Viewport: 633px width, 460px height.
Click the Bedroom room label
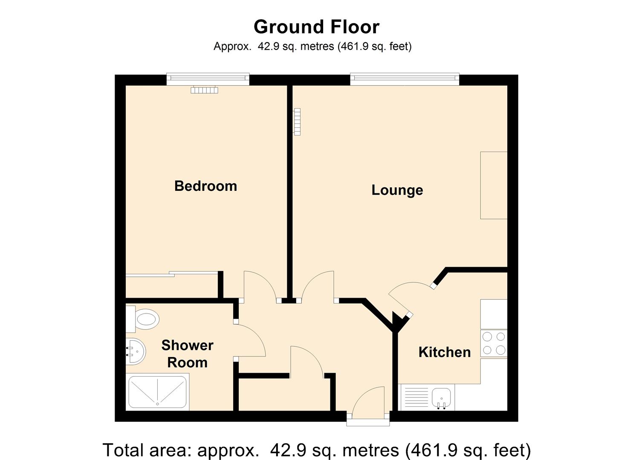point(205,186)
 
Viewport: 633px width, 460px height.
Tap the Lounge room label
point(397,190)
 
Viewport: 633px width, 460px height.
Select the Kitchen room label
point(444,352)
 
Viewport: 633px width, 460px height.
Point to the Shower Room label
point(187,354)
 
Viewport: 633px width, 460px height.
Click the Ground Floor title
point(316,27)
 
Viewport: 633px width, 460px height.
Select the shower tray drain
point(157,403)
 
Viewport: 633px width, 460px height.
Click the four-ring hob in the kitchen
point(494,343)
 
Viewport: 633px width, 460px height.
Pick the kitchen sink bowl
point(441,397)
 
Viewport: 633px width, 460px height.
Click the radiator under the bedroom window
point(204,90)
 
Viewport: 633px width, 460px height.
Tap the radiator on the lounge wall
point(297,122)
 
